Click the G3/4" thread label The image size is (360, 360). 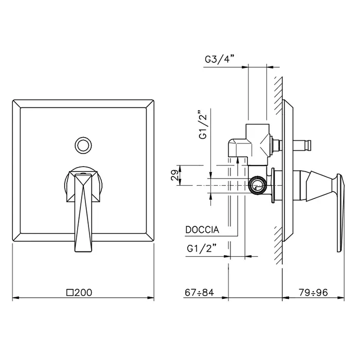tap(219, 60)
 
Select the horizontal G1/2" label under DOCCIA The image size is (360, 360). tap(202, 248)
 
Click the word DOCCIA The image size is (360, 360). tap(202, 230)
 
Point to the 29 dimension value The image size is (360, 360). tap(174, 175)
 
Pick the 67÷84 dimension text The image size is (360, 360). tap(200, 293)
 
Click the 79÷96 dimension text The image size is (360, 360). tap(313, 293)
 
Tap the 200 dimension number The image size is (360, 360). tap(83, 293)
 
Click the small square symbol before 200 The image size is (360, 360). tap(70, 293)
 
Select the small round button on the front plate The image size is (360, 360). tap(83, 146)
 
